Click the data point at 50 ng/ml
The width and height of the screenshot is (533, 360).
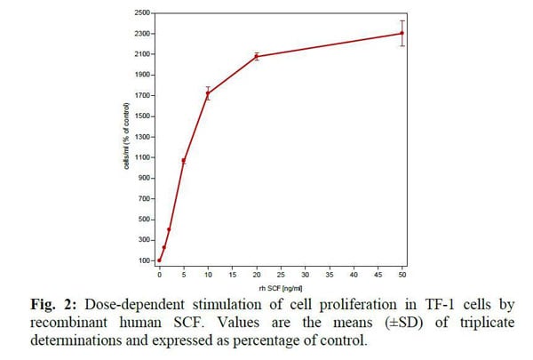pyautogui.click(x=402, y=34)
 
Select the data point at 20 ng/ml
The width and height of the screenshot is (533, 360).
pyautogui.click(x=257, y=56)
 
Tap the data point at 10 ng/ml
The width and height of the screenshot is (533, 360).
pyautogui.click(x=208, y=93)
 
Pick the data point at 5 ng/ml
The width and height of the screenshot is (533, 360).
pyautogui.click(x=184, y=161)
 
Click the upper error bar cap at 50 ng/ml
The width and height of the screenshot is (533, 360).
pyautogui.click(x=402, y=20)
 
